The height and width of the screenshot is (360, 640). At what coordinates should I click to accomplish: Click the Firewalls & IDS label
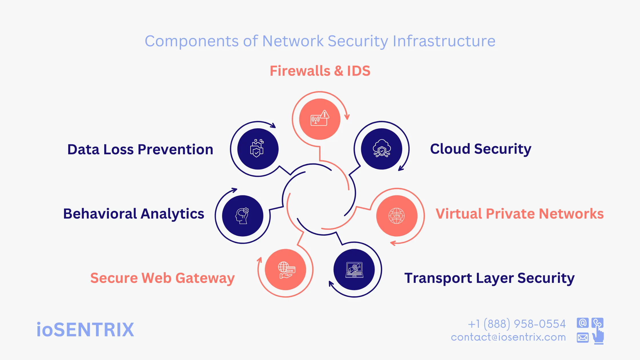(x=320, y=71)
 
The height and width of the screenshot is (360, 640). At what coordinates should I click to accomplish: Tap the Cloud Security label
(x=481, y=149)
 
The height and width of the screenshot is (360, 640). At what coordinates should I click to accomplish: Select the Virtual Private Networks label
(x=519, y=214)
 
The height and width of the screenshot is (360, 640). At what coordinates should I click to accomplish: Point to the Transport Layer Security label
(x=489, y=278)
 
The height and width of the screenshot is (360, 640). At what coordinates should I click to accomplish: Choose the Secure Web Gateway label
(x=162, y=278)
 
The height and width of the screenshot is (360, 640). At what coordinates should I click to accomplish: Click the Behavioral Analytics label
(x=133, y=214)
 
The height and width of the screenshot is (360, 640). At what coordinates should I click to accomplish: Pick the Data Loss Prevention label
(x=140, y=149)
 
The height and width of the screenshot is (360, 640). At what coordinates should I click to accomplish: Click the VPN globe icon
(x=397, y=216)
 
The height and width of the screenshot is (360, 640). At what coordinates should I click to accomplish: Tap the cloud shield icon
(x=381, y=148)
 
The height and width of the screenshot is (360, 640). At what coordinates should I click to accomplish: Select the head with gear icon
(x=242, y=216)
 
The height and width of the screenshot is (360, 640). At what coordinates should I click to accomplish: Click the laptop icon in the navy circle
(x=354, y=270)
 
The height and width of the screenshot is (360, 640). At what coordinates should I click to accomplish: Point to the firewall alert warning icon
(x=320, y=118)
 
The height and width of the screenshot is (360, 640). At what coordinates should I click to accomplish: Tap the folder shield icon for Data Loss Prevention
(x=257, y=148)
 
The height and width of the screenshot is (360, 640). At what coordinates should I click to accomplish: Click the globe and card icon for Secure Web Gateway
(x=286, y=270)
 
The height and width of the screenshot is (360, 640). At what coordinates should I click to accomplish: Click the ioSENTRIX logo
(x=85, y=330)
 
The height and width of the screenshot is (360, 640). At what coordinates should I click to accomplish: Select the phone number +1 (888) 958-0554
(x=517, y=324)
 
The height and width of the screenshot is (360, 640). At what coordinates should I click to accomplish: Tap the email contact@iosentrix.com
(x=508, y=337)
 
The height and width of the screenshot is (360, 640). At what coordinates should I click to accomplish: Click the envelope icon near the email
(x=583, y=338)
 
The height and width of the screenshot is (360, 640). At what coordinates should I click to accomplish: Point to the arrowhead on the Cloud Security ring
(x=401, y=169)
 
